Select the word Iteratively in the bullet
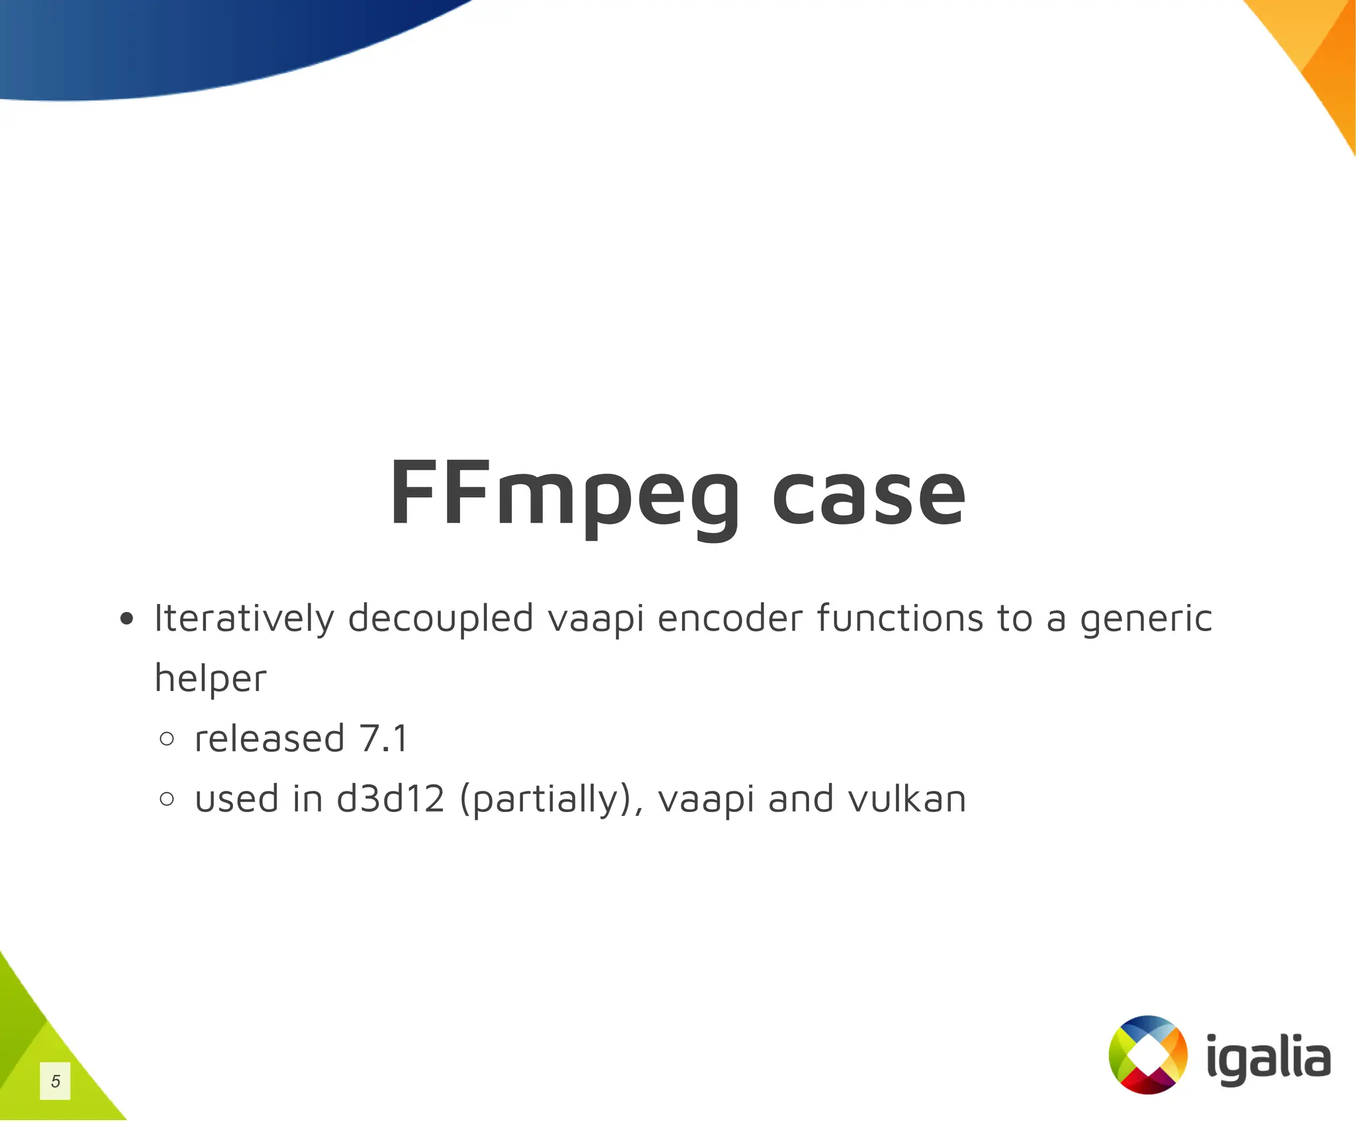point(244,619)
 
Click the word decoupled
point(440,619)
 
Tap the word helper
point(211,678)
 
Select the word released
point(269,739)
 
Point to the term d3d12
point(391,799)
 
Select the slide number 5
point(55,1081)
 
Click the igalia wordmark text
point(1268,1058)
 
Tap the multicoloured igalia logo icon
point(1147,1054)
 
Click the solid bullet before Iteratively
point(126,620)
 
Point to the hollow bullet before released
point(167,739)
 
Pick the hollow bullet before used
point(167,799)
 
